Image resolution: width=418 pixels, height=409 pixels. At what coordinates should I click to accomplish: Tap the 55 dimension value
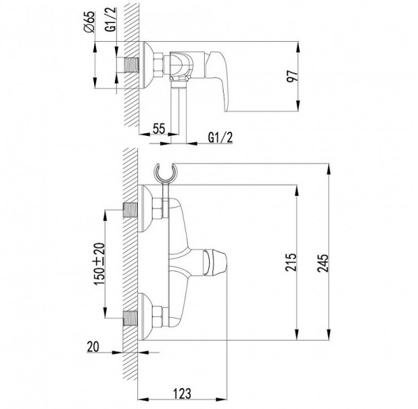158,130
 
